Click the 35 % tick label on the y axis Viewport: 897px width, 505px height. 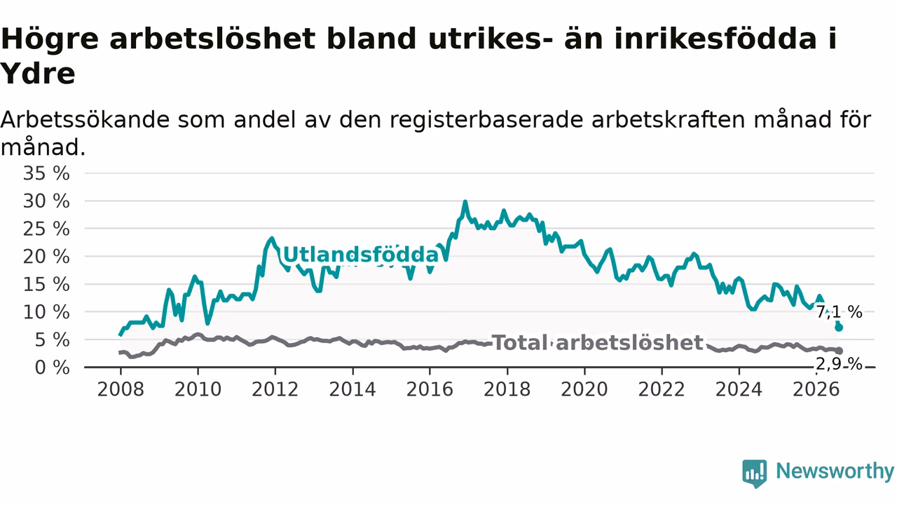[46, 173]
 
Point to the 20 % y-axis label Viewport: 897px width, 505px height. [46, 257]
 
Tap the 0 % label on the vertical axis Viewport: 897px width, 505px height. [52, 368]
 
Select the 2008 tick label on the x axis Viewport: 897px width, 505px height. [121, 389]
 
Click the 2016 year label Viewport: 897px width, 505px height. [430, 389]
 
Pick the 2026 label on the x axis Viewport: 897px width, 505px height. [816, 389]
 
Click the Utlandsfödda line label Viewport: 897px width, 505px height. [361, 255]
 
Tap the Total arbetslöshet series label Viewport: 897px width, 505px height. [598, 343]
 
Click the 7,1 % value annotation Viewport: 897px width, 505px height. [840, 312]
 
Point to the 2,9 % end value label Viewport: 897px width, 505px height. [840, 364]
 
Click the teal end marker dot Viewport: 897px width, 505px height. [839, 328]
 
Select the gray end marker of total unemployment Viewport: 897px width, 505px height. [840, 351]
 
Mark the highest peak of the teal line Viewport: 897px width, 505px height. [465, 201]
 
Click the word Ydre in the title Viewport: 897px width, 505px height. [38, 74]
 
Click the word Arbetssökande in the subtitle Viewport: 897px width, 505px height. [85, 120]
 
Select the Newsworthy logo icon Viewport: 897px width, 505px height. [755, 473]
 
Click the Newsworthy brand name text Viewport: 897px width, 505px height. [835, 471]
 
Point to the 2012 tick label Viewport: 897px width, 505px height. [275, 389]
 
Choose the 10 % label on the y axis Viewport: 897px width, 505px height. [46, 312]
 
